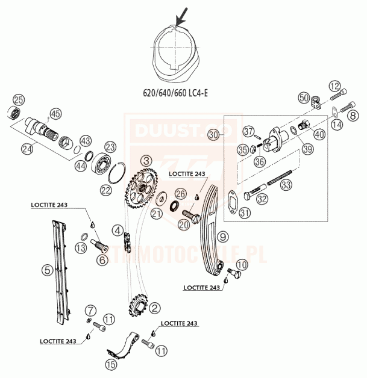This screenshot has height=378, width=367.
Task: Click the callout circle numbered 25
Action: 19,99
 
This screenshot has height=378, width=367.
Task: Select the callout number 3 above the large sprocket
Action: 146,161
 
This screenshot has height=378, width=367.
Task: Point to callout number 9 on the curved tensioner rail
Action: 222,237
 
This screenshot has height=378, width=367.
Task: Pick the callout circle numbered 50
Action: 304,98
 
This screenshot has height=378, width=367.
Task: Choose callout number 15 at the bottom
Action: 111,364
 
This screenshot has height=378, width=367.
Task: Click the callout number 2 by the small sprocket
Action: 155,308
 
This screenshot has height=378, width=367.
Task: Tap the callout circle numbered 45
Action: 56,113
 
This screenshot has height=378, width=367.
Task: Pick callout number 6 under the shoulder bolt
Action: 102,260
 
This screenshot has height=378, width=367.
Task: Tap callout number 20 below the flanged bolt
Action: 184,223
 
